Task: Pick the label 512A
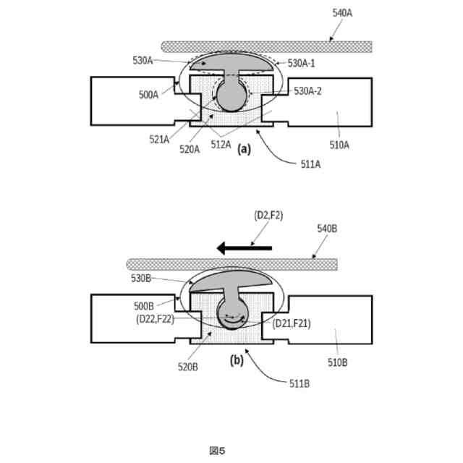[220, 144]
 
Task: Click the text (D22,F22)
[154, 318]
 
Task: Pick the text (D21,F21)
[292, 323]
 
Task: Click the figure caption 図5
[217, 450]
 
